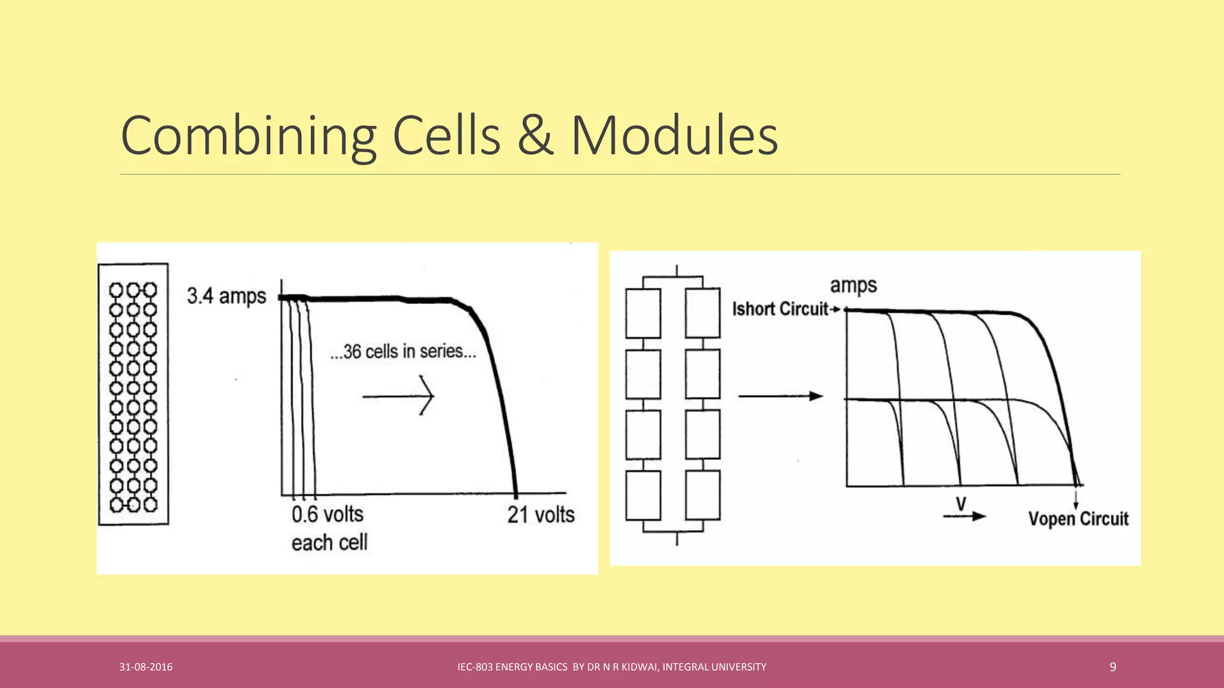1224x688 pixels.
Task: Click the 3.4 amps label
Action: (226, 296)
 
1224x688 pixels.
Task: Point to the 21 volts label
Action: (541, 514)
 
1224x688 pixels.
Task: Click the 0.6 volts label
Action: (328, 514)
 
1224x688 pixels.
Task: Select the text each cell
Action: (329, 542)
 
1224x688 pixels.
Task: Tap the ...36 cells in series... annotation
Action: (403, 352)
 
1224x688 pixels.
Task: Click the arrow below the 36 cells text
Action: (398, 395)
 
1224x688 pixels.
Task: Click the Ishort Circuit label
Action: (781, 309)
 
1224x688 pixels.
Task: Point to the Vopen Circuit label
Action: (1078, 518)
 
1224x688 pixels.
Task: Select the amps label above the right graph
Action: (853, 285)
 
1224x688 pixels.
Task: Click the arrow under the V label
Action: (964, 517)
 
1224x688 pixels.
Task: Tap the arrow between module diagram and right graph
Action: (781, 396)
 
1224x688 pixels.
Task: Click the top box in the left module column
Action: (643, 314)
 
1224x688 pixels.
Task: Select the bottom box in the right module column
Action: (703, 495)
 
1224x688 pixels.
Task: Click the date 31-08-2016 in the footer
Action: (146, 667)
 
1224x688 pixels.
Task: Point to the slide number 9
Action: (1112, 667)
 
